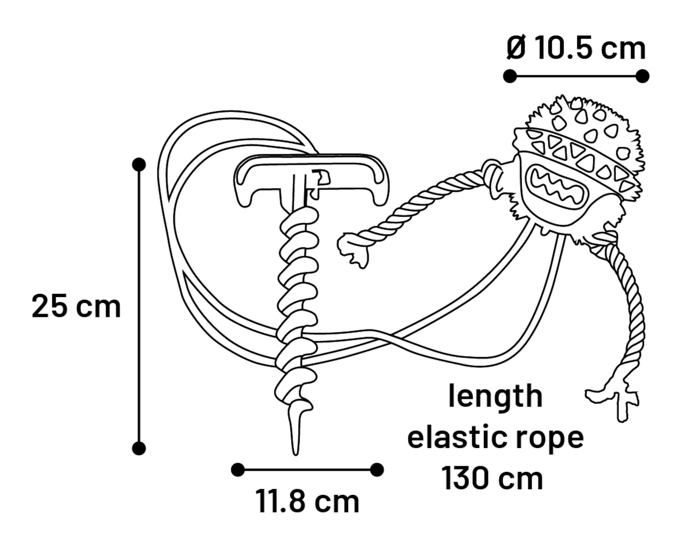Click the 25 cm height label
point(76,306)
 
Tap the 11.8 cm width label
point(307,502)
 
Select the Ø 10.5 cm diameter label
point(576,48)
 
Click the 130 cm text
point(492,478)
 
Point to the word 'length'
point(495,396)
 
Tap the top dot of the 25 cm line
point(139,165)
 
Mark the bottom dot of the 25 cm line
point(139,448)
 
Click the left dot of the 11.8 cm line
point(238,470)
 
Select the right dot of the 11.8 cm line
point(377,470)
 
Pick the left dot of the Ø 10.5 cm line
point(510,76)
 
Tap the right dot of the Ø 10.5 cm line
point(643,76)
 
